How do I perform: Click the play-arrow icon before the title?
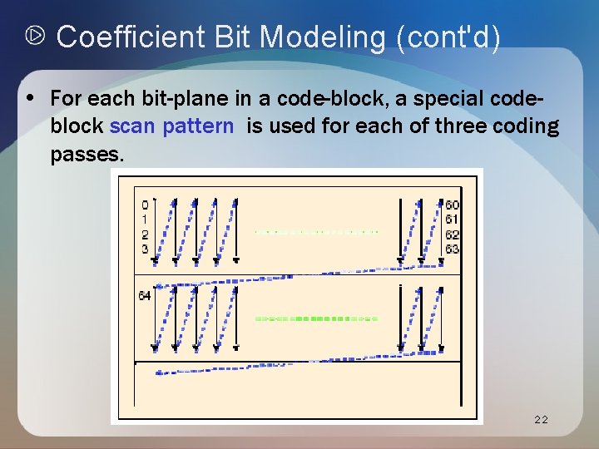36,37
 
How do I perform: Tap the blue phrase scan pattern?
171,126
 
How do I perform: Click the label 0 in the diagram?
145,205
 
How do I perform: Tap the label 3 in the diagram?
145,249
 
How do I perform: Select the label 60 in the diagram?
452,205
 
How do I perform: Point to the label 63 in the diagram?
452,249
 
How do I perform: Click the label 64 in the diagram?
145,295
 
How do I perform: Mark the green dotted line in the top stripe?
316,231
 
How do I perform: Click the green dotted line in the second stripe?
316,318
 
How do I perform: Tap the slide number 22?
541,420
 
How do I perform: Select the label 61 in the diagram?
452,220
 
